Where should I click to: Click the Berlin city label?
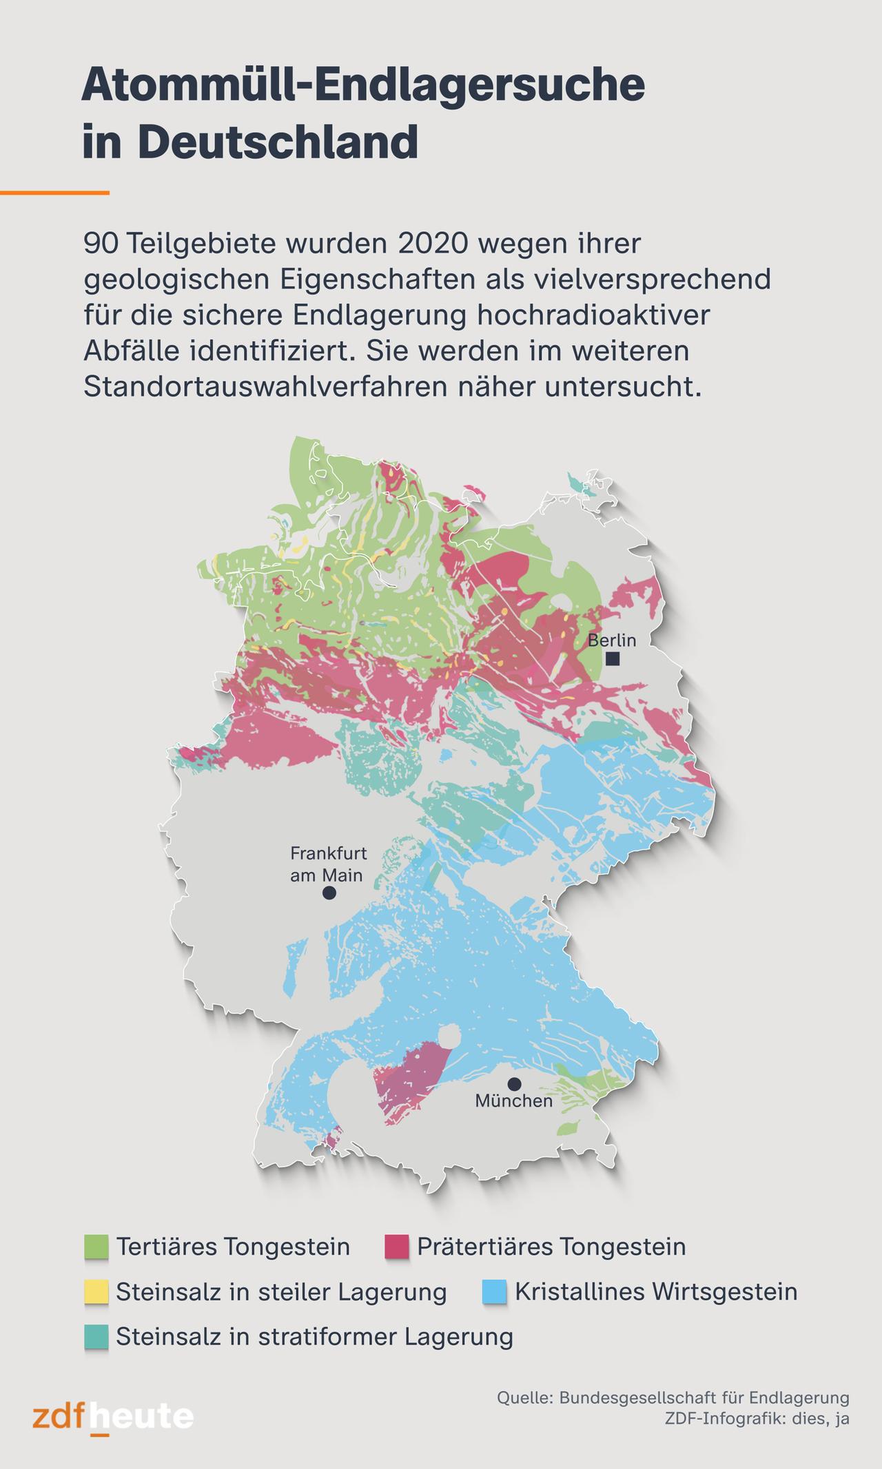pyautogui.click(x=611, y=640)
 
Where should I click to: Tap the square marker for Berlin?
pyautogui.click(x=613, y=659)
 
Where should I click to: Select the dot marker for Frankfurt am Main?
pyautogui.click(x=329, y=893)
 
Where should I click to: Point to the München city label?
pyautogui.click(x=514, y=1101)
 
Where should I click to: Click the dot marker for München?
pyautogui.click(x=514, y=1084)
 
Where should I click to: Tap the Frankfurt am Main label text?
pyautogui.click(x=328, y=864)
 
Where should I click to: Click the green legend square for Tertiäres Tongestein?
pyautogui.click(x=96, y=1247)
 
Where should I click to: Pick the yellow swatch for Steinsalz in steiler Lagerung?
pyautogui.click(x=96, y=1292)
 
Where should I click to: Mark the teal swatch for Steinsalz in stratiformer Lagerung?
pyautogui.click(x=96, y=1337)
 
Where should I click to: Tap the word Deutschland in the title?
pyautogui.click(x=278, y=142)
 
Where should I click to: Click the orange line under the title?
pyautogui.click(x=54, y=193)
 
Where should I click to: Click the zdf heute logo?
pyautogui.click(x=113, y=1418)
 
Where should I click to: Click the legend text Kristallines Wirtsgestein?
pyautogui.click(x=656, y=1292)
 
